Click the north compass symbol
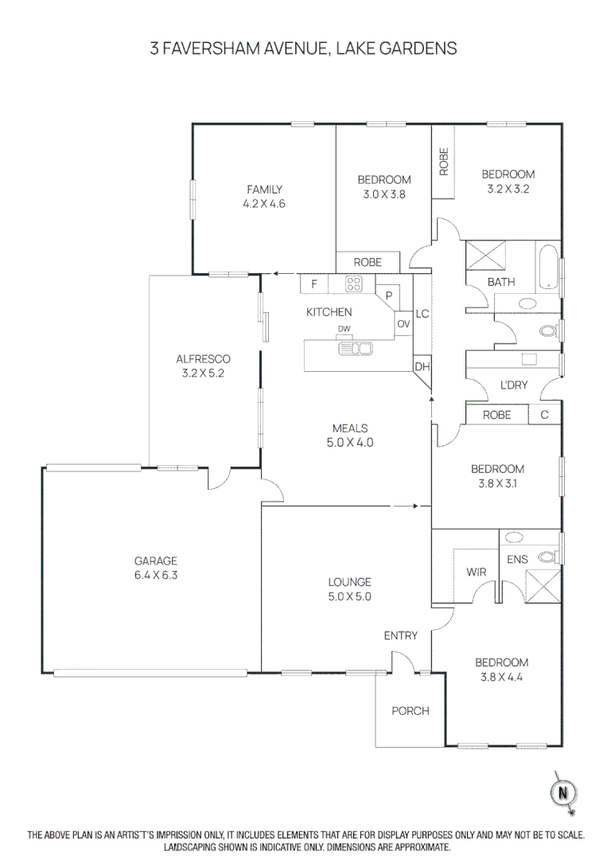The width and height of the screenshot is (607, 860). [x=563, y=792]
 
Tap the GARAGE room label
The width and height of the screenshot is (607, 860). [x=156, y=561]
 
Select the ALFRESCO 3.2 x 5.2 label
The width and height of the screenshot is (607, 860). [x=203, y=365]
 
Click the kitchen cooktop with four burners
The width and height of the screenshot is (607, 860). [x=354, y=283]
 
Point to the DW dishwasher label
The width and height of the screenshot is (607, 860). [x=344, y=328]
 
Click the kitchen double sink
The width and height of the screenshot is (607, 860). [x=356, y=348]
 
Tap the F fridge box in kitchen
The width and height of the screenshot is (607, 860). [x=314, y=283]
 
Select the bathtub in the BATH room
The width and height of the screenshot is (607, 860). [x=549, y=268]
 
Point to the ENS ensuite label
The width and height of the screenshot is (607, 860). [x=517, y=560]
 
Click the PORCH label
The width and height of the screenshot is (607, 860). [x=410, y=710]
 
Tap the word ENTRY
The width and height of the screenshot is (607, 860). [x=400, y=635]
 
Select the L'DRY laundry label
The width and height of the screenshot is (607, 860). [x=514, y=385]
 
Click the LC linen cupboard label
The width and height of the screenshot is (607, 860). [x=422, y=314]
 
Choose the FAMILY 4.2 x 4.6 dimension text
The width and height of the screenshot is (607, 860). [x=264, y=203]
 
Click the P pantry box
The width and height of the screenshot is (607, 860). [x=389, y=295]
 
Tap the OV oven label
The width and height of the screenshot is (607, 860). [x=403, y=323]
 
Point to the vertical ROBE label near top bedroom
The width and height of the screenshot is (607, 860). [x=444, y=162]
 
